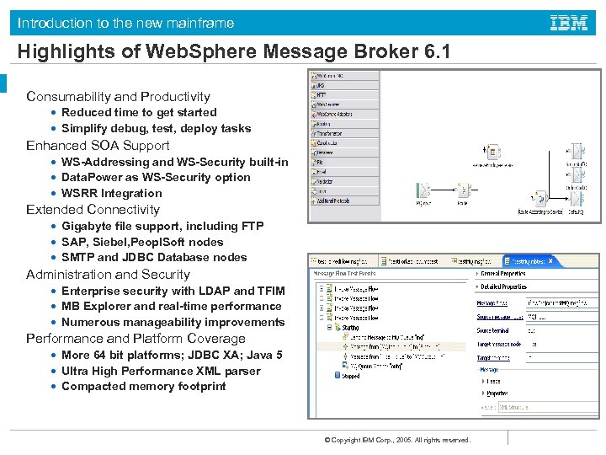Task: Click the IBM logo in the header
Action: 569,23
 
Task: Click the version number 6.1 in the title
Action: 433,52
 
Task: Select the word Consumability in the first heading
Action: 68,97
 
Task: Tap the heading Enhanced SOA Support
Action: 98,146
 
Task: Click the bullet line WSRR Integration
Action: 111,194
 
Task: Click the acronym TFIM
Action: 269,291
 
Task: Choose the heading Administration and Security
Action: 108,275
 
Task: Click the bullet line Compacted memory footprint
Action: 143,387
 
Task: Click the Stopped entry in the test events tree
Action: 350,376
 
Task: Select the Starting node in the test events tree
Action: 349,328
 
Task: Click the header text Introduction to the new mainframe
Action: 126,23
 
